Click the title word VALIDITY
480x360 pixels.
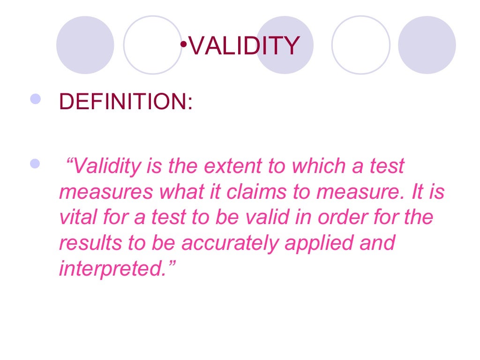click(244, 46)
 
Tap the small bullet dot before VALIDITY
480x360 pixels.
click(184, 44)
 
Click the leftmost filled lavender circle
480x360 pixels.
click(85, 45)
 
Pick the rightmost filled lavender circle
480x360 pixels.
click(427, 45)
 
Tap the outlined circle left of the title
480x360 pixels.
click(152, 45)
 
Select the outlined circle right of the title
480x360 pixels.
click(360, 45)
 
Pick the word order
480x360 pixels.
click(337, 217)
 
